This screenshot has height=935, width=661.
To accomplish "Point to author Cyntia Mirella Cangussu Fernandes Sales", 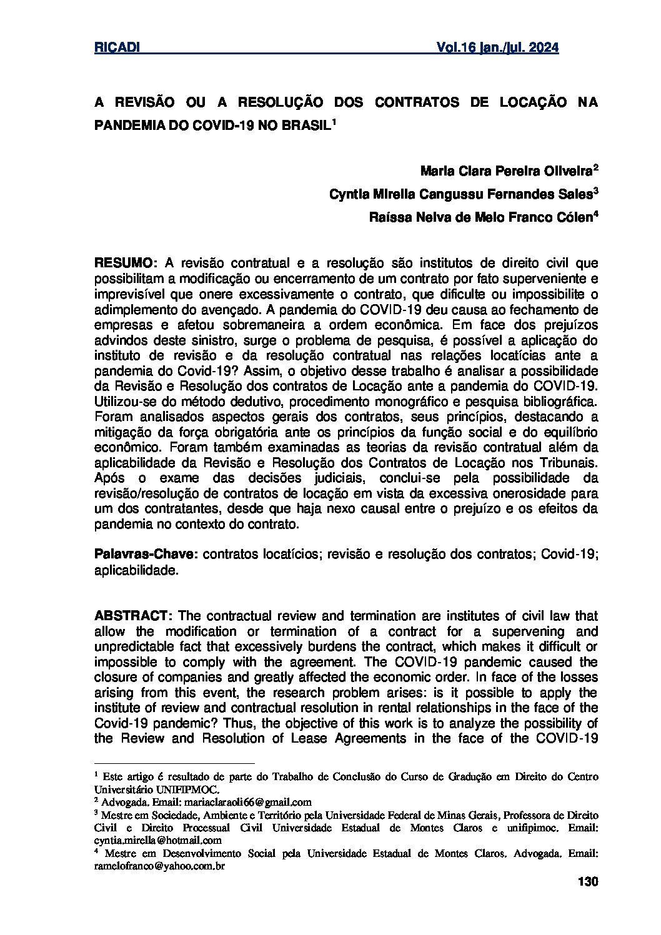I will click(x=460, y=194).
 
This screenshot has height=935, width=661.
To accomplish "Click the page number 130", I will click(x=589, y=883).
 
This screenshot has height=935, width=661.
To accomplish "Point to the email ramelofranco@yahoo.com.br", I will click(x=159, y=866).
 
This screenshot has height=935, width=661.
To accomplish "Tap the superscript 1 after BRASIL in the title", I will click(x=334, y=121).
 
